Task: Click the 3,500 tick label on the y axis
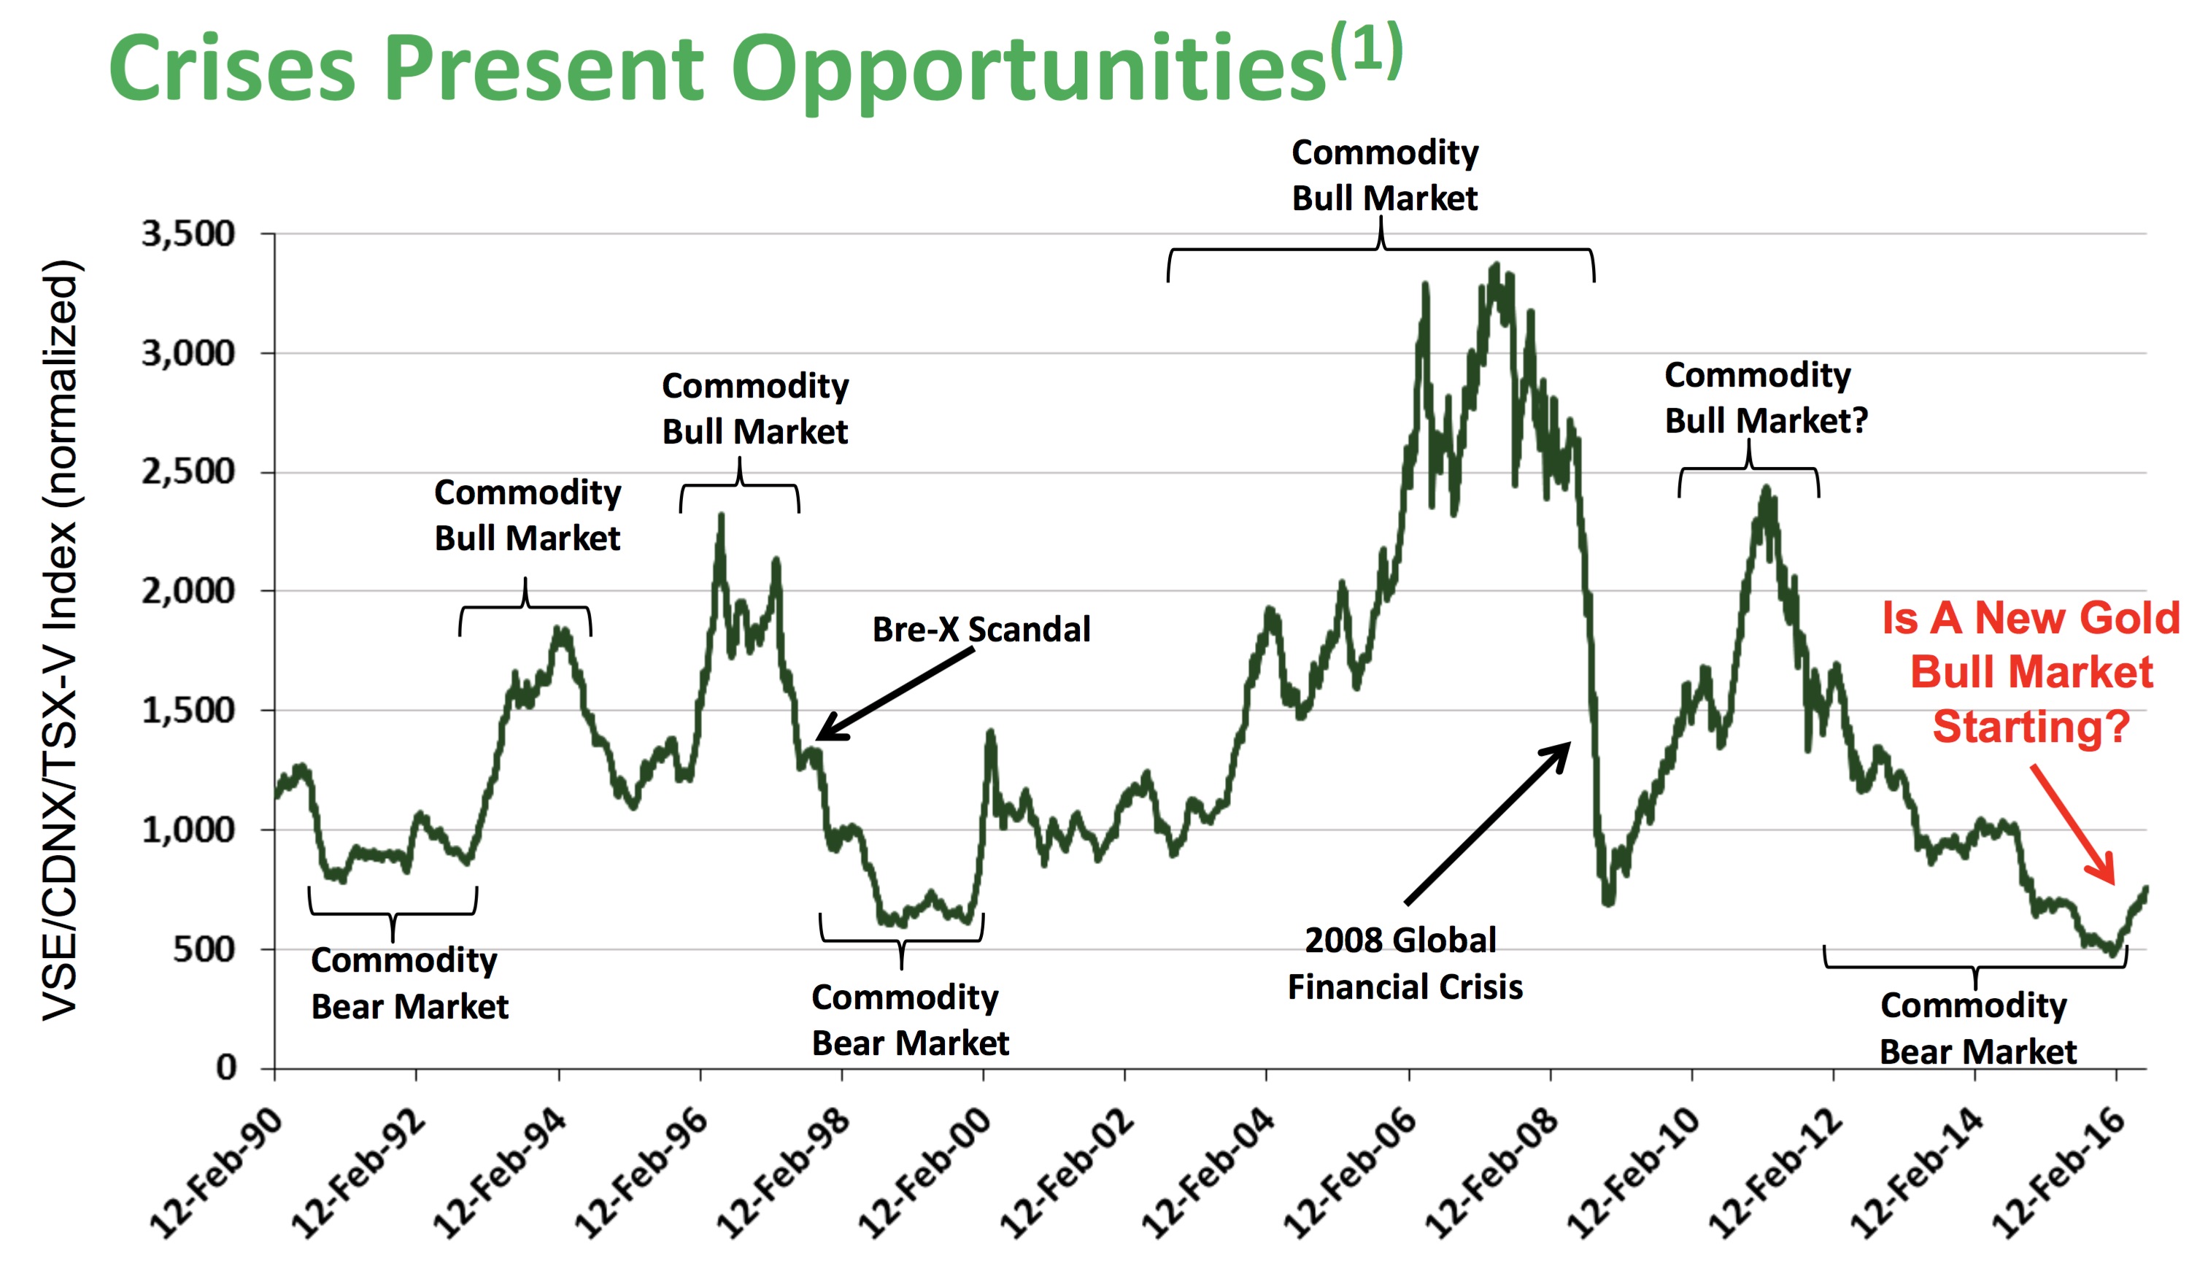tap(188, 233)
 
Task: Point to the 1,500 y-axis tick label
tap(188, 711)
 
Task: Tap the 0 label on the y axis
tap(226, 1067)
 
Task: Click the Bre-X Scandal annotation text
tap(981, 629)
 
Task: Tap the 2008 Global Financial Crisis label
tap(1404, 963)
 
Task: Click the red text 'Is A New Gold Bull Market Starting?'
tap(2031, 671)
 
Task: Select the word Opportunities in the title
tap(1027, 69)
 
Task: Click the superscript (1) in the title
tap(1367, 50)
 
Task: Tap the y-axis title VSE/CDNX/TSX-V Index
tap(61, 638)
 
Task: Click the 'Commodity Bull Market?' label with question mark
tap(1764, 398)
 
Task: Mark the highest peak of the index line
tap(1495, 266)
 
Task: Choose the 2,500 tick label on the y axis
tap(188, 472)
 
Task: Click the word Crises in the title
tap(232, 69)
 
